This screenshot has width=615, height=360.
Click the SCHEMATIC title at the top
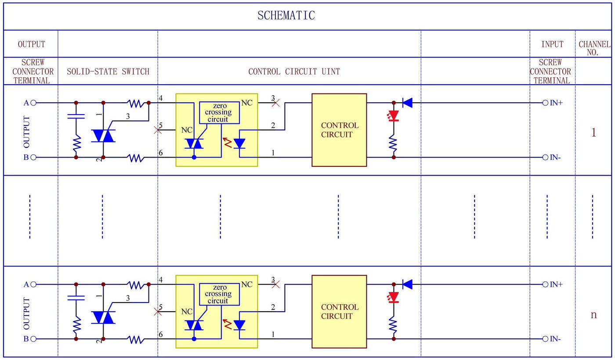(286, 16)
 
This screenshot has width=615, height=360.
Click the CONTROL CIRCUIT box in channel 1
(339, 130)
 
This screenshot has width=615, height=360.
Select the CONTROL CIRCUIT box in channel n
(339, 312)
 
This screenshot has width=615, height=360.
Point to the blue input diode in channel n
(407, 284)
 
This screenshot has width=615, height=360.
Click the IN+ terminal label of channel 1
(556, 103)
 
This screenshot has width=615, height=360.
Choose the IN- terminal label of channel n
(556, 339)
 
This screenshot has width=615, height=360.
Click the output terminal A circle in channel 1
(33, 103)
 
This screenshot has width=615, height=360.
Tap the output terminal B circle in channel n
(33, 339)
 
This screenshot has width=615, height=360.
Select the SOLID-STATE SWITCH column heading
(108, 72)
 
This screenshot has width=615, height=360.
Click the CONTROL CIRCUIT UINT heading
(294, 72)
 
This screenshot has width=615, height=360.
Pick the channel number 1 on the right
(593, 133)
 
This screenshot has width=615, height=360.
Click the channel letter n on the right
(593, 315)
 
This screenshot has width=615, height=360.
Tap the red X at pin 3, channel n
(276, 284)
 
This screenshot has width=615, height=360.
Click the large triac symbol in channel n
(103, 317)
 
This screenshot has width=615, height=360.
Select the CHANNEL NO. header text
(594, 48)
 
